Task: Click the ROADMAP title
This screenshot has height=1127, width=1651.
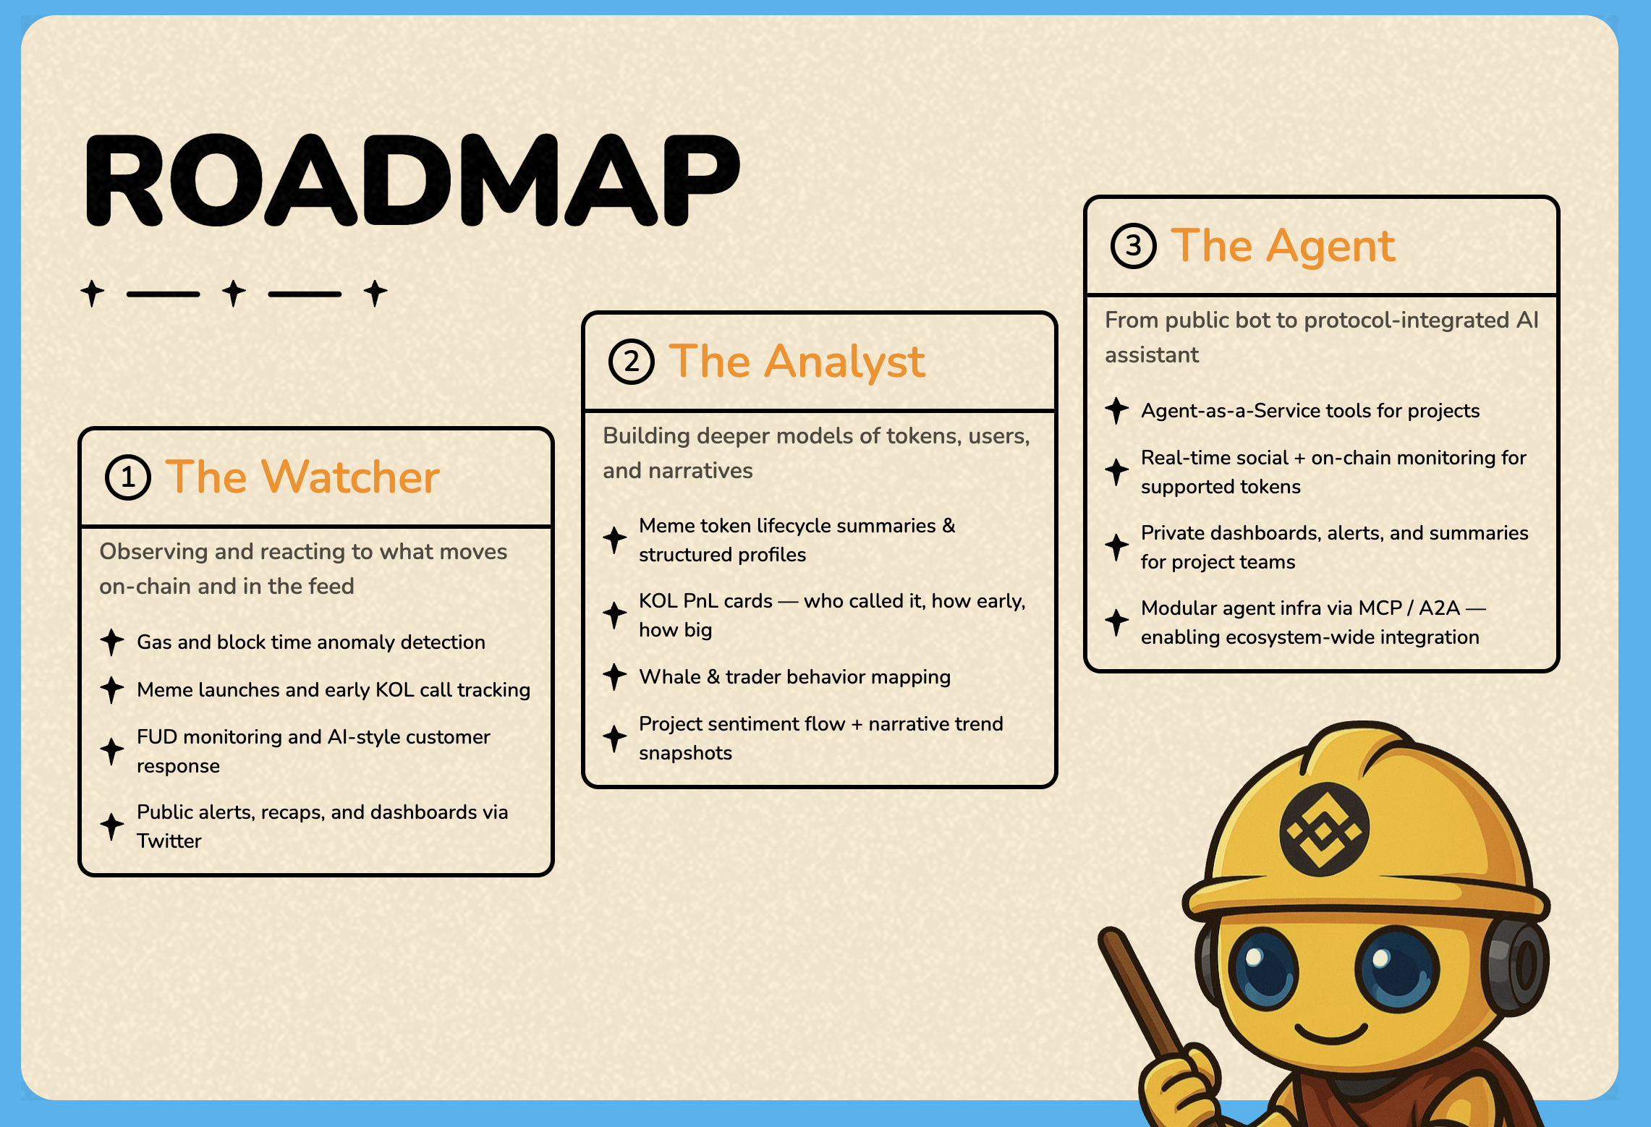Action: (x=413, y=180)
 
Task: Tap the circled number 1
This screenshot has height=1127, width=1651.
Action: (x=128, y=477)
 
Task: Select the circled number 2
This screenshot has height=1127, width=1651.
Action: (x=631, y=362)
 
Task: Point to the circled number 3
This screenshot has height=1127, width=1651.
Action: (x=1134, y=246)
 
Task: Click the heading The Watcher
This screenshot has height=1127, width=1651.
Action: (x=302, y=477)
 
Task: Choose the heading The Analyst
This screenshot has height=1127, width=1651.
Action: (x=797, y=362)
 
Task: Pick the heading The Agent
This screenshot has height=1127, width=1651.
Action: (x=1283, y=246)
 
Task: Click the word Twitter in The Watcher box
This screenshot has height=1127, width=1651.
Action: (x=169, y=841)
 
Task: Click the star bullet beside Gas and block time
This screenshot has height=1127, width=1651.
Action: (x=112, y=642)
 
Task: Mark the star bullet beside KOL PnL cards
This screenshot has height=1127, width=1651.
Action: (x=615, y=615)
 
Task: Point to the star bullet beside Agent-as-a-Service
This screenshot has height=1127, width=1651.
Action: (x=1117, y=410)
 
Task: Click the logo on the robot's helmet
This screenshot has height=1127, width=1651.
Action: (x=1324, y=829)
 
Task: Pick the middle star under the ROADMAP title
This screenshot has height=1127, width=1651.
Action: (x=234, y=293)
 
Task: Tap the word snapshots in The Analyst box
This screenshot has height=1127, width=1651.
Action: (x=685, y=753)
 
